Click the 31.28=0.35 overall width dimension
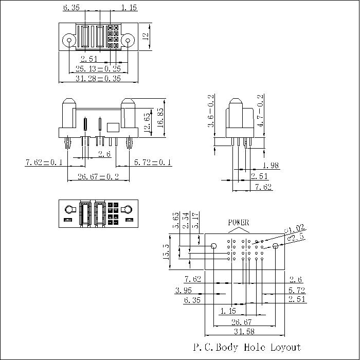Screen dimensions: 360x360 (98, 79)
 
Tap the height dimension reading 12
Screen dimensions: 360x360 (146, 37)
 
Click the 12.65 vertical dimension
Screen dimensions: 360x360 (148, 123)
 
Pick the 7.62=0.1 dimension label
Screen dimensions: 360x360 (44, 163)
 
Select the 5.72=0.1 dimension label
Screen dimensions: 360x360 (153, 163)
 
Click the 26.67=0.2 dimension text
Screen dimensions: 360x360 (98, 177)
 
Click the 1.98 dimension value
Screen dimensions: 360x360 (271, 165)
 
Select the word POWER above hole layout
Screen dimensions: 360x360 (238, 223)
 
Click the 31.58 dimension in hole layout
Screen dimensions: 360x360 (244, 331)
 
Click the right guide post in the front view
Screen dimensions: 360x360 (128, 114)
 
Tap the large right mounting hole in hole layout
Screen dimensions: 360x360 (276, 246)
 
